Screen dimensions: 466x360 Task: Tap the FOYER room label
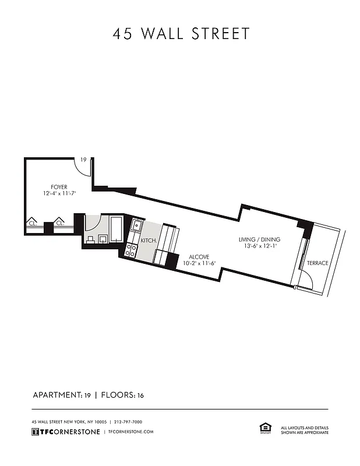click(x=51, y=187)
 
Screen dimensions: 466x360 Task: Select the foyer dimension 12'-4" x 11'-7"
click(x=51, y=193)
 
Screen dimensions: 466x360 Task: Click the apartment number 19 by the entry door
click(x=84, y=160)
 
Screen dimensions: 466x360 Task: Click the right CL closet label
click(x=59, y=222)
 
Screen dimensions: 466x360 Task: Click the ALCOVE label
click(x=198, y=256)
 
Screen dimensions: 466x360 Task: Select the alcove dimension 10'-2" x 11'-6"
click(x=198, y=263)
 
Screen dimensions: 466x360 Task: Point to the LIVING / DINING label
click(x=259, y=239)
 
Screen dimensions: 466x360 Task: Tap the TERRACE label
click(x=318, y=263)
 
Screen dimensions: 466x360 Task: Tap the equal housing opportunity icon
click(x=263, y=429)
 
